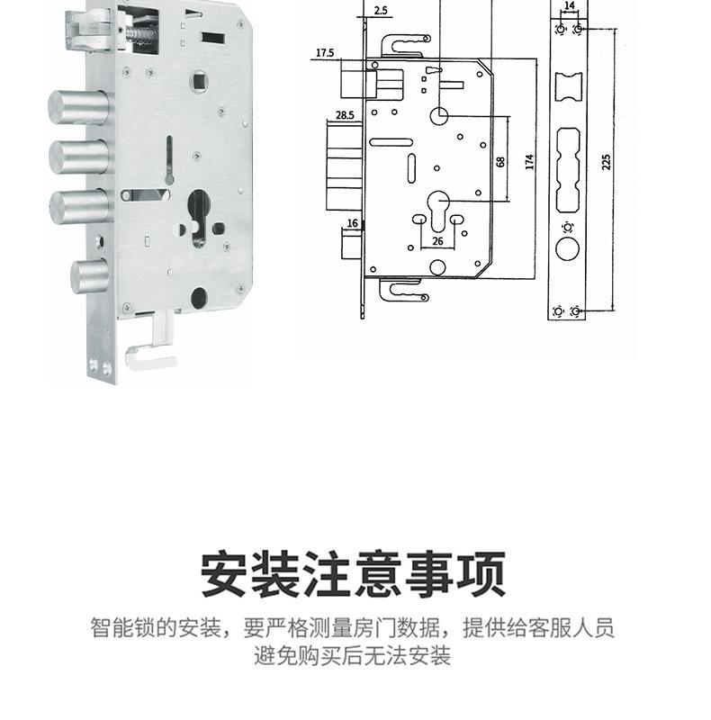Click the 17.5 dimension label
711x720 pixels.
(325, 53)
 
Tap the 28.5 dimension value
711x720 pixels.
(345, 115)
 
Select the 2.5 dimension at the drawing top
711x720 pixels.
(381, 10)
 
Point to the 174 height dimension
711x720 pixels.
(529, 162)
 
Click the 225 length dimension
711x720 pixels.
(607, 162)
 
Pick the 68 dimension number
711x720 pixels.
(500, 162)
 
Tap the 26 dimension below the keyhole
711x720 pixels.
(437, 240)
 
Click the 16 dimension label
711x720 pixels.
(352, 223)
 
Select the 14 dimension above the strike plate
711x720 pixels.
(570, 5)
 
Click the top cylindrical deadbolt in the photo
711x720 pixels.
(78, 107)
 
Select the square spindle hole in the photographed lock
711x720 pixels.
(201, 82)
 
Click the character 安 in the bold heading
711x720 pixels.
(225, 574)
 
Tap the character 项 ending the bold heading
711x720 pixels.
(481, 574)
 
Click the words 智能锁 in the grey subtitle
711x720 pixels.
(122, 627)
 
